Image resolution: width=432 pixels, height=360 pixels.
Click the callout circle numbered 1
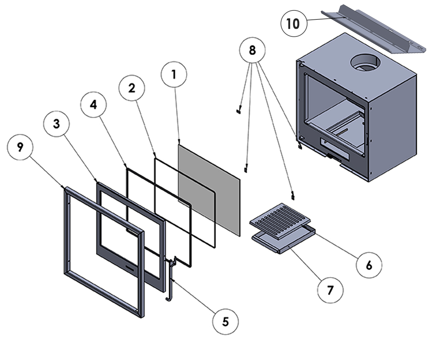[174, 75]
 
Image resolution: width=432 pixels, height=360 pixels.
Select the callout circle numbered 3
[57, 123]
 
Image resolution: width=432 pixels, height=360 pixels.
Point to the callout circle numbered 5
[225, 321]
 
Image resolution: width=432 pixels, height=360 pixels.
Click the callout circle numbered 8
[252, 50]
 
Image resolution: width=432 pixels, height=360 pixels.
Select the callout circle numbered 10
[293, 24]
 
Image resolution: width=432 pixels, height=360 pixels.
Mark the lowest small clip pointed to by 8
[293, 196]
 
